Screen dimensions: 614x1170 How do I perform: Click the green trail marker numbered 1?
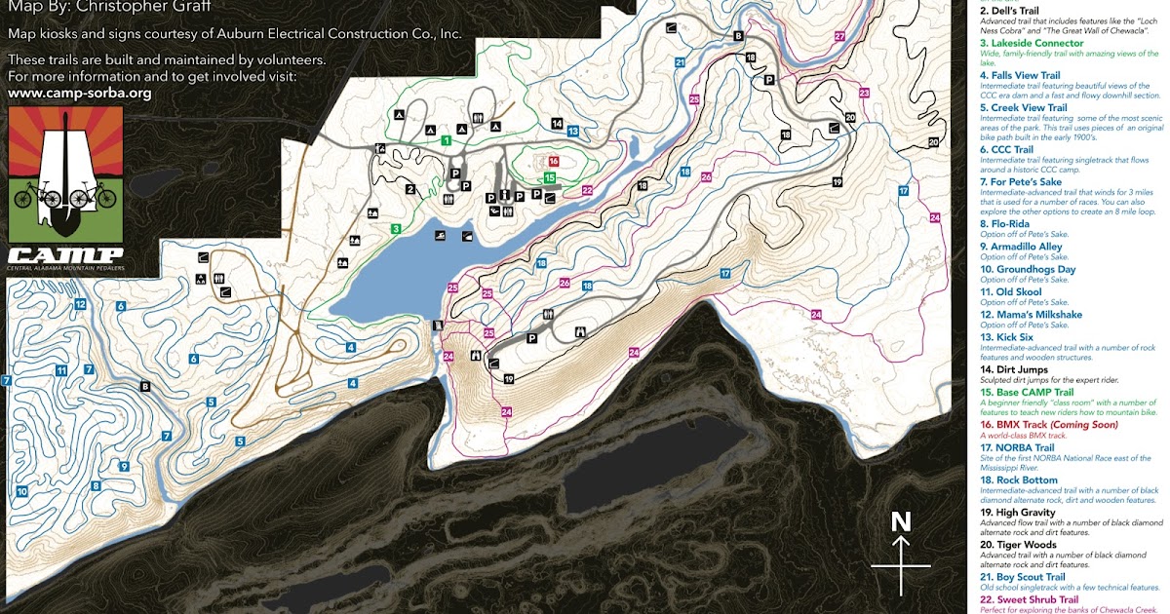446,141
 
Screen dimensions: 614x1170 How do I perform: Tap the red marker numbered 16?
553,162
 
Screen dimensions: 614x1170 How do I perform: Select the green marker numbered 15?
550,178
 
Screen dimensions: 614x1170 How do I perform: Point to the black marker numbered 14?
557,124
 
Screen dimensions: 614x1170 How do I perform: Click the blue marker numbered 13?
573,130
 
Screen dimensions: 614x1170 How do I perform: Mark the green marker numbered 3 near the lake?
396,228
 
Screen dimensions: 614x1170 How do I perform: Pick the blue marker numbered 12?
80,305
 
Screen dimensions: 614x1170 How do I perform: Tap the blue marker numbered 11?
60,369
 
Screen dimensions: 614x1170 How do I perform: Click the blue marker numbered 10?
21,492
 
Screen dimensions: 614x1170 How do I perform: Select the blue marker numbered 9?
124,467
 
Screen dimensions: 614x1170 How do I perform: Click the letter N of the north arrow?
901,522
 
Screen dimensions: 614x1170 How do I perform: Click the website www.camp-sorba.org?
79,94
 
